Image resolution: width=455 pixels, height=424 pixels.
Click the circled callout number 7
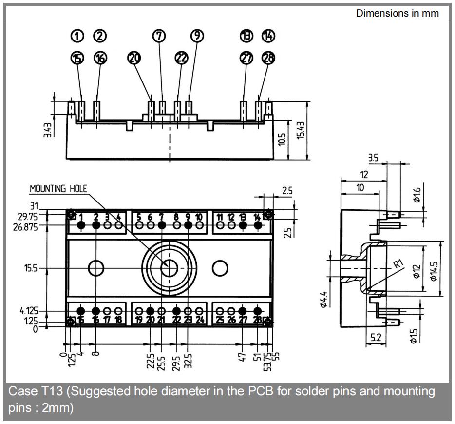point(159,36)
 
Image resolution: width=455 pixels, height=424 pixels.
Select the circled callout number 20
point(134,58)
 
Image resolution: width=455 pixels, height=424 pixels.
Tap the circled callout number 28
point(268,58)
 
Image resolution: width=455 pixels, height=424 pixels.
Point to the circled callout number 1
point(77,36)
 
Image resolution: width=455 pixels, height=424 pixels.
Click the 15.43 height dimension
point(301,130)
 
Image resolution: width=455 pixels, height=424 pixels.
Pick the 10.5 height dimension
point(282,140)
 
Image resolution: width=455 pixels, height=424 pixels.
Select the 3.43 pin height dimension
point(48,130)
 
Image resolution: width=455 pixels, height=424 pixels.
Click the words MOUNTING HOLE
point(58,189)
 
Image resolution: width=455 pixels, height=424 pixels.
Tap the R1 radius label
point(398,264)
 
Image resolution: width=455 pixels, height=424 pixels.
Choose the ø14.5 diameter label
point(434,271)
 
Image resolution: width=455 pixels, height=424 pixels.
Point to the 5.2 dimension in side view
point(376,338)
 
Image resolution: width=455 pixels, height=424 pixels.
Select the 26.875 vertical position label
point(25,227)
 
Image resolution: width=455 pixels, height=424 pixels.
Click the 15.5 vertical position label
point(31,268)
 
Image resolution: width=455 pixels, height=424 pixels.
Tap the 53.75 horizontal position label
point(267,362)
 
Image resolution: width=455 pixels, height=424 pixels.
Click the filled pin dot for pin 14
point(258,225)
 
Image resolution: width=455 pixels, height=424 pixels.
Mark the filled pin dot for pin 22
point(176,311)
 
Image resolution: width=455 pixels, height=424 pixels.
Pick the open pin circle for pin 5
point(139,225)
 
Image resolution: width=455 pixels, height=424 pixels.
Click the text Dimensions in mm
point(398,13)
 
